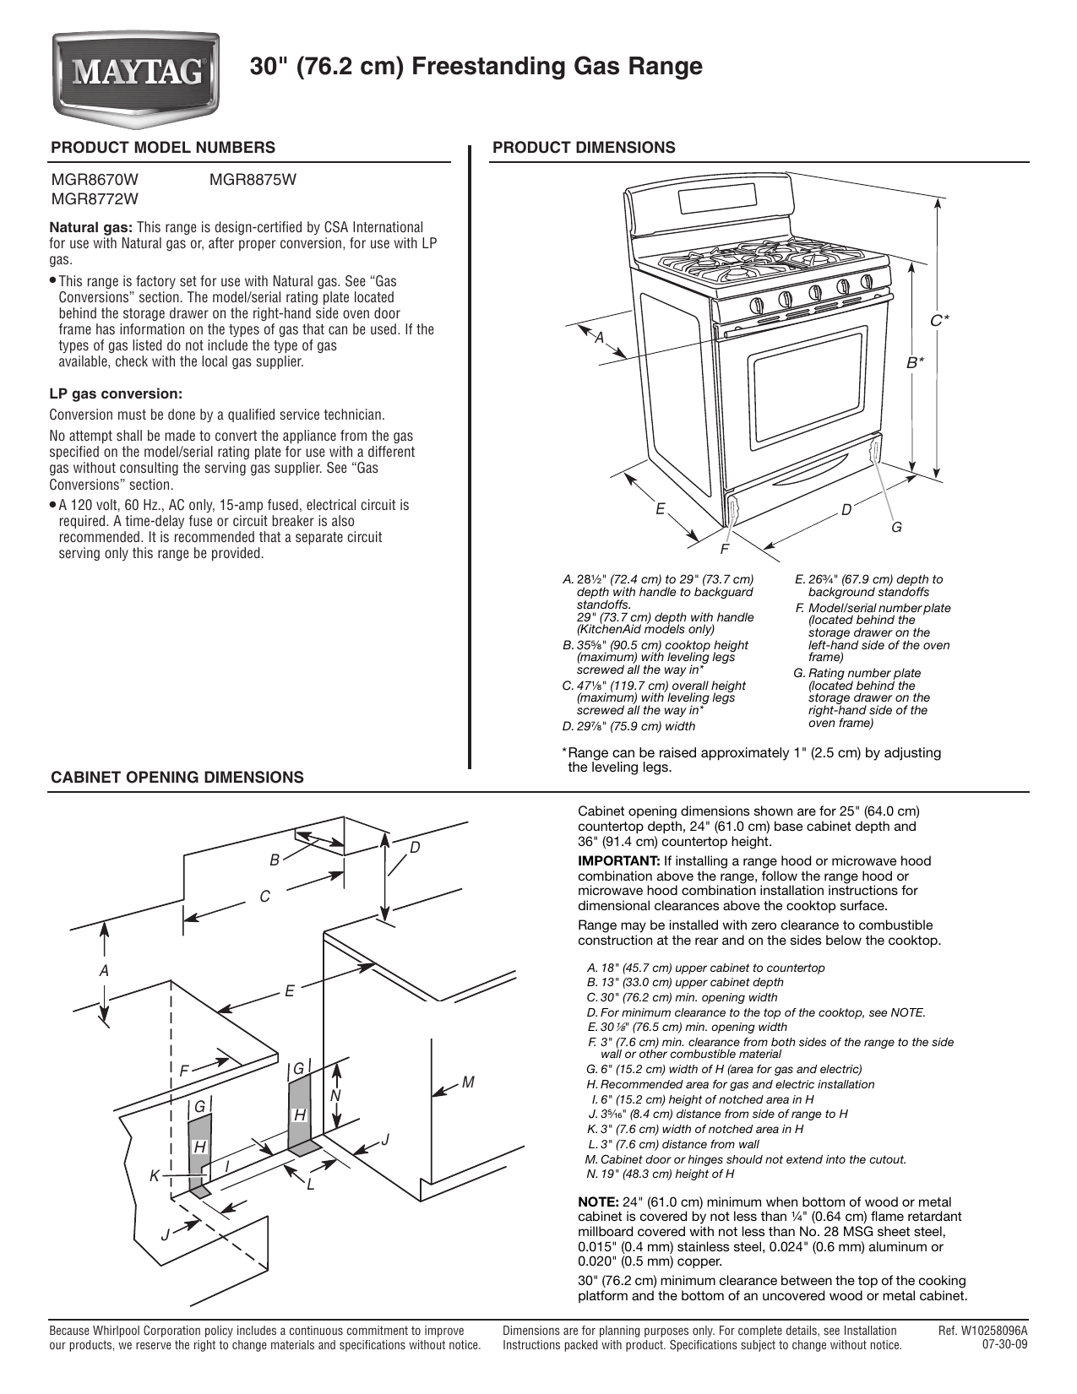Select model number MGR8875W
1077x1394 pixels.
click(251, 179)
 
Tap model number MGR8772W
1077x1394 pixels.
click(95, 199)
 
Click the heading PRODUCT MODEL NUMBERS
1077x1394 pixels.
click(163, 148)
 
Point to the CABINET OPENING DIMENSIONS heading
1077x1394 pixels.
click(177, 778)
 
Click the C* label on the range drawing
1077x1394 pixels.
click(939, 320)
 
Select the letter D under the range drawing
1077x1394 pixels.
click(846, 509)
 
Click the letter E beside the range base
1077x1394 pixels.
click(660, 509)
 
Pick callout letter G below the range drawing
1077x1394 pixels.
click(896, 528)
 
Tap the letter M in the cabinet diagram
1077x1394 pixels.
click(468, 1082)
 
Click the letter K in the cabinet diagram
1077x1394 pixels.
click(155, 1175)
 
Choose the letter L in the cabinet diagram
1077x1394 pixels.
click(311, 1185)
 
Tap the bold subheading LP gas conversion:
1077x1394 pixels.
click(116, 393)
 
